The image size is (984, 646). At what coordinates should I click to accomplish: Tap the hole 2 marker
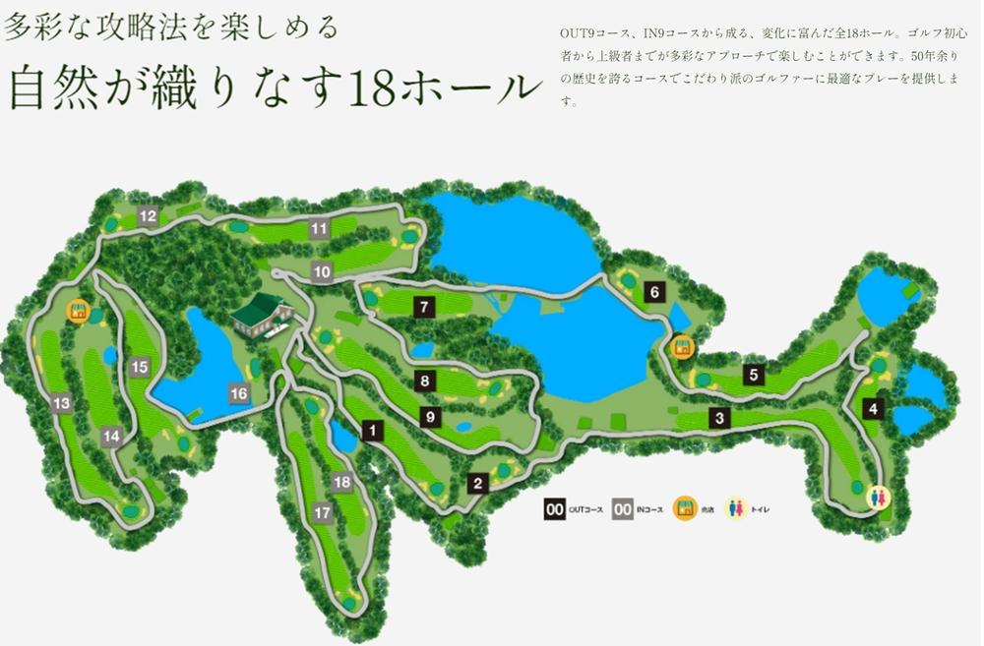point(478,483)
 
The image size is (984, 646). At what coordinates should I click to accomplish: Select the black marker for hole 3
point(720,419)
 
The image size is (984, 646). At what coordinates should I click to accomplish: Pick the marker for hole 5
point(753,374)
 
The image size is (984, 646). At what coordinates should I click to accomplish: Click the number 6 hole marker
point(653,292)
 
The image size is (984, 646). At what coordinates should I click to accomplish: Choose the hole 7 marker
point(424,307)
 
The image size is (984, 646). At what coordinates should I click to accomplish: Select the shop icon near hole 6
point(680,347)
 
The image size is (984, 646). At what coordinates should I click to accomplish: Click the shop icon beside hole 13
point(77,312)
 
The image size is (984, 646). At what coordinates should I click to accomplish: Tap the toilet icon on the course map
point(876,499)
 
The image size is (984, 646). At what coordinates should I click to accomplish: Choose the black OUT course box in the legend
point(555,509)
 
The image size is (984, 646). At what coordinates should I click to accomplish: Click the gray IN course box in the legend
point(623,509)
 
